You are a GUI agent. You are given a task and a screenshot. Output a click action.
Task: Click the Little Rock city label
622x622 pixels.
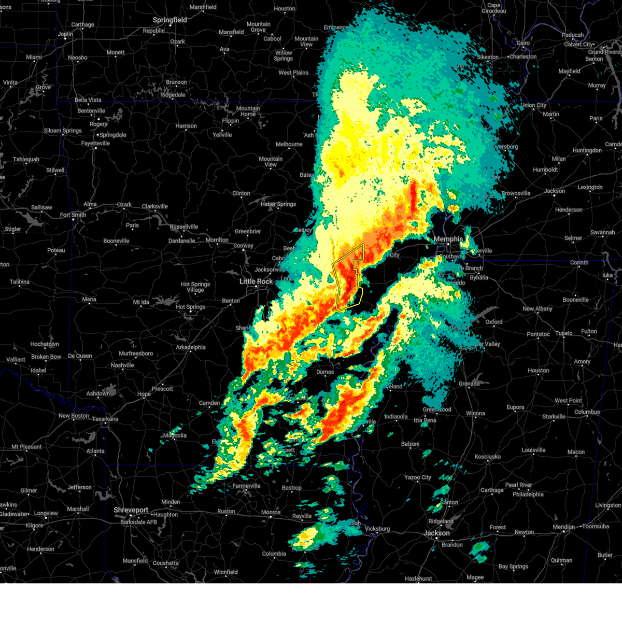[256, 281]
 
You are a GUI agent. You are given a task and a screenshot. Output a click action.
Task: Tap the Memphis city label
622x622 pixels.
[448, 239]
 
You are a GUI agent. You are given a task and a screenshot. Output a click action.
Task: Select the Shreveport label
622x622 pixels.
[131, 510]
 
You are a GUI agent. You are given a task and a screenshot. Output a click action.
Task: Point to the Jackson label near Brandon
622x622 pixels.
[436, 533]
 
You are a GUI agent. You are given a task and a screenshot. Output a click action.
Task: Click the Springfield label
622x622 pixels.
[169, 20]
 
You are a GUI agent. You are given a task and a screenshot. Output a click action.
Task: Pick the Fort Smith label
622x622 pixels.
[73, 215]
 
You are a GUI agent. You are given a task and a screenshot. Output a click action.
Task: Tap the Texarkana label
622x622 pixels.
[105, 419]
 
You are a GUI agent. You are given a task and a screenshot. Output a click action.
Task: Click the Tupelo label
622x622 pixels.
[565, 333]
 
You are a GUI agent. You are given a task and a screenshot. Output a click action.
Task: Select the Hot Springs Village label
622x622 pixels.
[195, 287]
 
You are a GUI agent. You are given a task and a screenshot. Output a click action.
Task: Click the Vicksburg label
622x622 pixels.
[377, 529]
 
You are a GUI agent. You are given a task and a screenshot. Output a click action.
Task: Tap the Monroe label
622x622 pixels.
[271, 512]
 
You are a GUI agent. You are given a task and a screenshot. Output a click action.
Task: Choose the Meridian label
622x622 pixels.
[563, 527]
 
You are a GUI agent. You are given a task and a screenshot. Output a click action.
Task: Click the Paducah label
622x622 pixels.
[573, 35]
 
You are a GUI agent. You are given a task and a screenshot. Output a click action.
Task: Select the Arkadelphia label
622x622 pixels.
[191, 347]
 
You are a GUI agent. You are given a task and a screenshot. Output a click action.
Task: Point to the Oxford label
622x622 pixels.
[493, 322]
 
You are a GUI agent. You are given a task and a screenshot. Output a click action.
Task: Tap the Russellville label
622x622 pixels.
[184, 227]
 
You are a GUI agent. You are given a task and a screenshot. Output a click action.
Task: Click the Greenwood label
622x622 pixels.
[437, 409]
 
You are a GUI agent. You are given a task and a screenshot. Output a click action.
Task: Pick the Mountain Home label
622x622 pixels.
[248, 111]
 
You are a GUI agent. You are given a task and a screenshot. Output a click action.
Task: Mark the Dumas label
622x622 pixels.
[325, 372]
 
